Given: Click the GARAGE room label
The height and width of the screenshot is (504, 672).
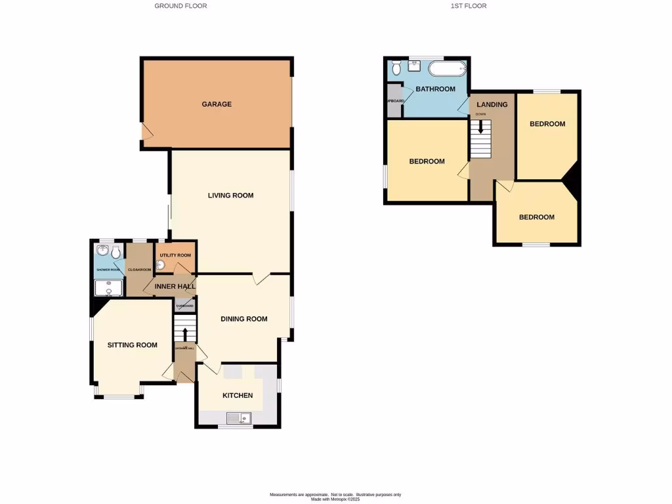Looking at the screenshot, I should [x=217, y=104].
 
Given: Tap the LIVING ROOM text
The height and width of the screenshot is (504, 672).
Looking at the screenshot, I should [x=230, y=196].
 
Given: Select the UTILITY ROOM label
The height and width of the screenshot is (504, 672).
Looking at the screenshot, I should [x=175, y=255].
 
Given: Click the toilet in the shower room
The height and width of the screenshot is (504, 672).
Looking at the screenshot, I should [x=115, y=253].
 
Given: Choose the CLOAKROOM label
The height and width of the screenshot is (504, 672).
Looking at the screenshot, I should [x=139, y=270].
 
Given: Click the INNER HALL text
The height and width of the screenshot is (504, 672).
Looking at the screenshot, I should [x=173, y=286].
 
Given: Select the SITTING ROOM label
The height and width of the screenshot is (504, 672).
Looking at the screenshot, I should [x=133, y=345].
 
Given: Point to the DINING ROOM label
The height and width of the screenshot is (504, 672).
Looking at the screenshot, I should [x=244, y=320].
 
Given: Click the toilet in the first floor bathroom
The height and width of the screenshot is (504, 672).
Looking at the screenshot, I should [x=396, y=68].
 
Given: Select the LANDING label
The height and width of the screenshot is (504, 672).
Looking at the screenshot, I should [x=492, y=105].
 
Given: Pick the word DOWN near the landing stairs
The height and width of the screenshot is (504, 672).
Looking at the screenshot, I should [x=480, y=114].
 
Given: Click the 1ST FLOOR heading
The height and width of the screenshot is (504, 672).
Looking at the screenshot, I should [x=469, y=6].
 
